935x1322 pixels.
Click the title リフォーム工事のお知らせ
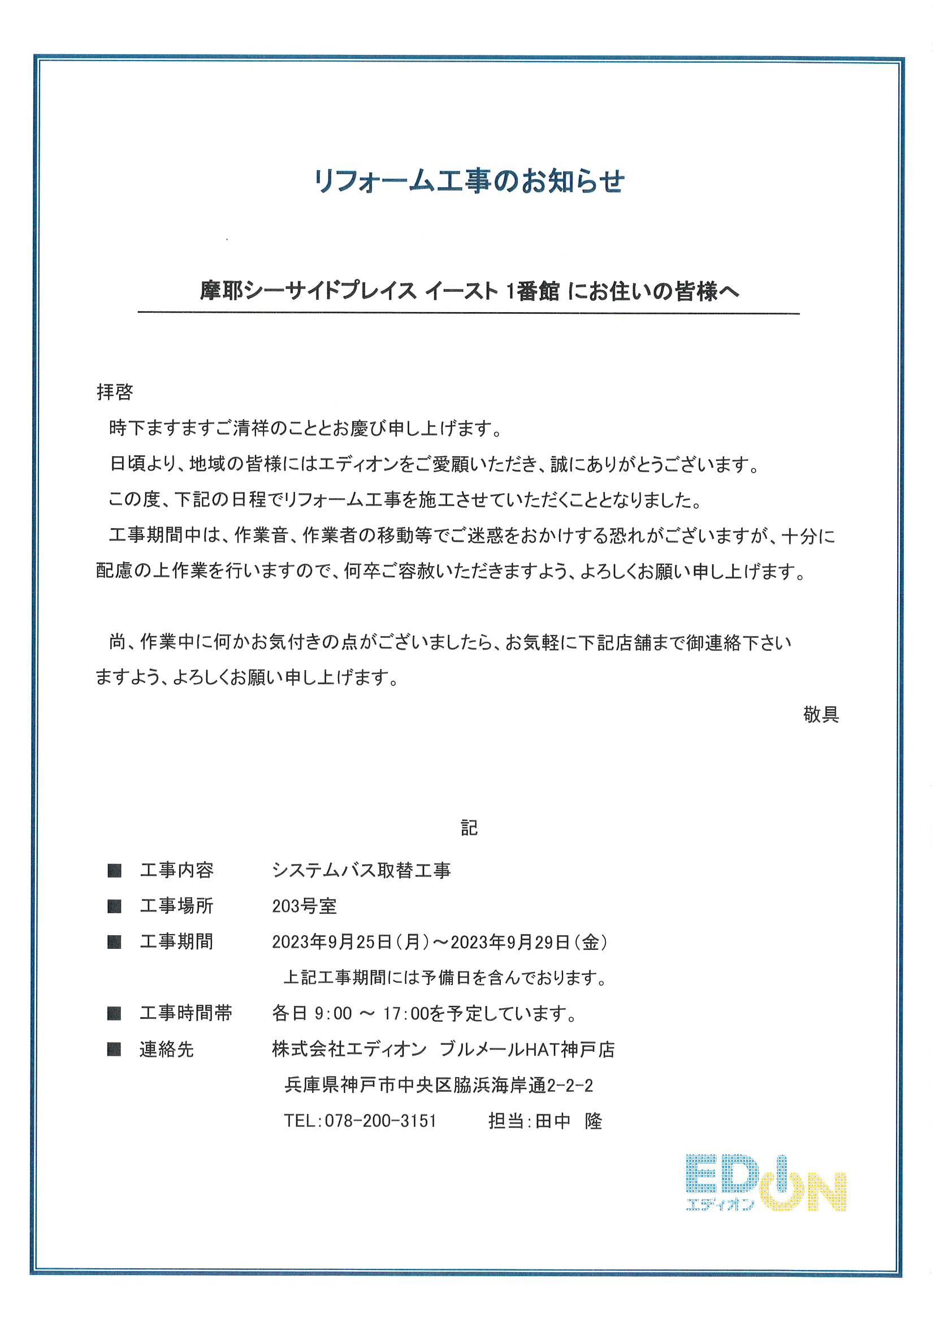(x=469, y=181)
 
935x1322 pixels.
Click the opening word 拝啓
(x=115, y=392)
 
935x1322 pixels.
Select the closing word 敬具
(x=821, y=715)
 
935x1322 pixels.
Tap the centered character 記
(x=469, y=828)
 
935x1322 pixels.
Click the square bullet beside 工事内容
(x=114, y=870)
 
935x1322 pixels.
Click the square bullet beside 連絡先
(x=114, y=1049)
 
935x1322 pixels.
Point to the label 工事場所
(x=176, y=906)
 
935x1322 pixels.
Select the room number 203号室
(x=304, y=906)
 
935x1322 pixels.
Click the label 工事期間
(x=176, y=942)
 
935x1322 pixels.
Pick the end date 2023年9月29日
(x=510, y=943)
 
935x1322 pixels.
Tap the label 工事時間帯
(x=185, y=1013)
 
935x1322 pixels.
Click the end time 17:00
(x=406, y=1014)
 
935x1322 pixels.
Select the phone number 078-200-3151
(x=380, y=1121)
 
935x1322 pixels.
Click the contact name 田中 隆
(x=568, y=1121)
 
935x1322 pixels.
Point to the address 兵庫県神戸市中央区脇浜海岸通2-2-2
(x=438, y=1085)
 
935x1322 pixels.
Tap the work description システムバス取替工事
(x=361, y=870)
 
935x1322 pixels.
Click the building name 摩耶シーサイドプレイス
(x=308, y=291)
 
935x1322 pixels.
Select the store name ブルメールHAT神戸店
(x=527, y=1049)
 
